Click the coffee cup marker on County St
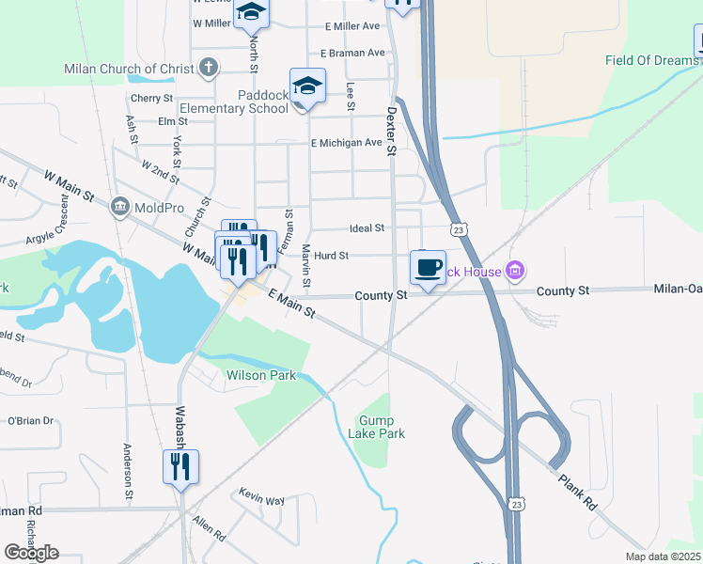coord(429,267)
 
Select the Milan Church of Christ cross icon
coord(209,68)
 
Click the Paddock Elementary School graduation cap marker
coord(307,86)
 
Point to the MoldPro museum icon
coord(119,206)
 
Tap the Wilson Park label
coord(261,375)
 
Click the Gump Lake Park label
coord(382,427)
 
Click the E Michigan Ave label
coord(347,143)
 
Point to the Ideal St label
coord(367,227)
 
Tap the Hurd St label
coord(332,255)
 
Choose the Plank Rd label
coord(576,492)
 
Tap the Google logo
coord(31,553)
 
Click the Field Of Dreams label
coord(652,60)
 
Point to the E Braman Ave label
coord(352,54)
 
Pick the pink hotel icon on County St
coord(514,273)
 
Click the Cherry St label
coord(152,98)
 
